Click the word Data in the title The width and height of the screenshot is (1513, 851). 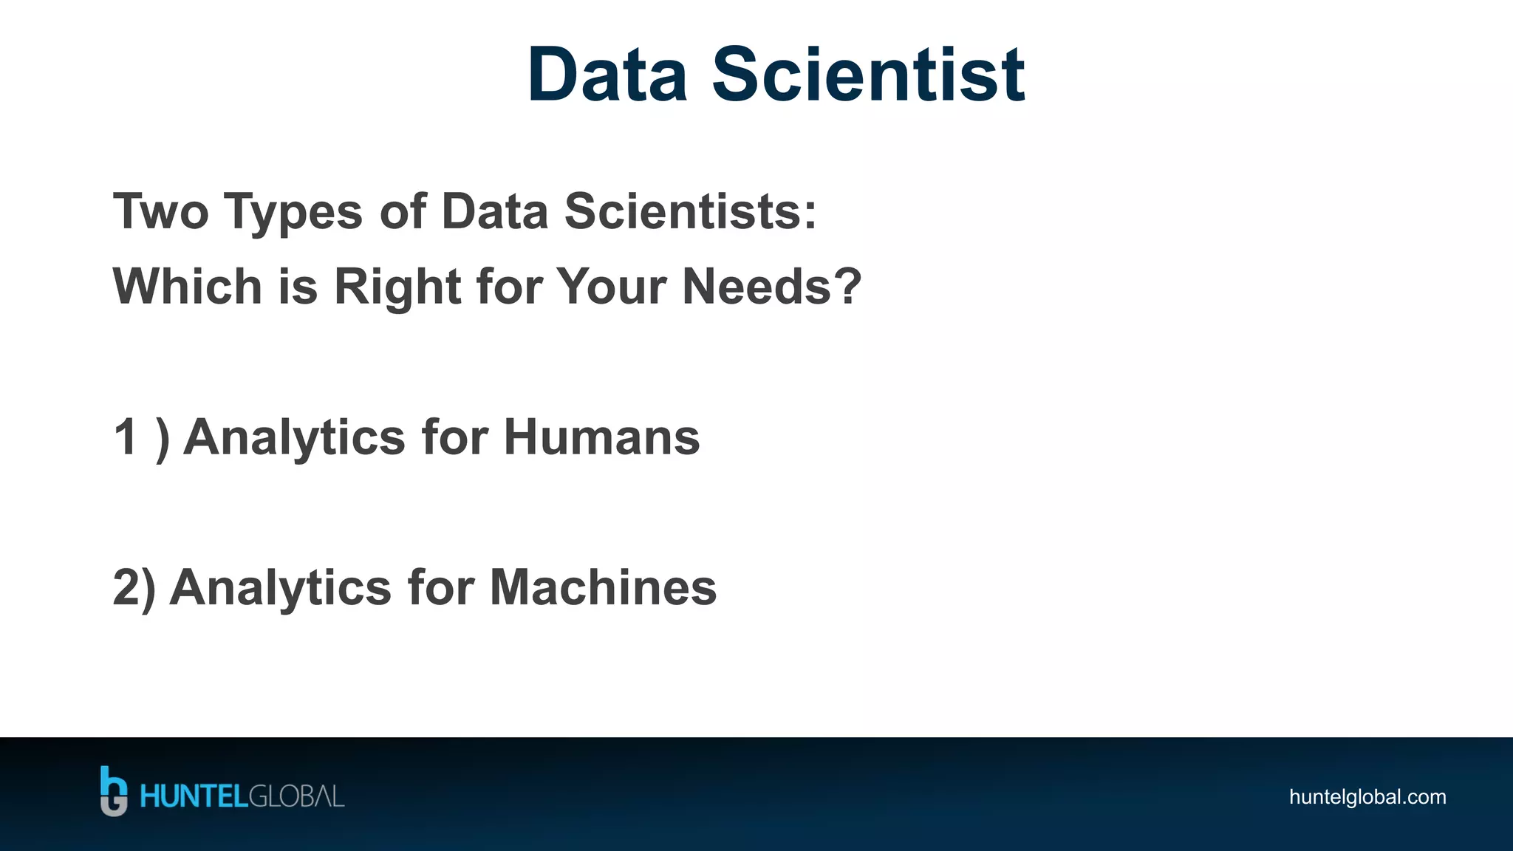(607, 75)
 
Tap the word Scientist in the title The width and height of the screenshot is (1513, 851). (868, 75)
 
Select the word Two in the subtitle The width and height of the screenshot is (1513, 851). (160, 212)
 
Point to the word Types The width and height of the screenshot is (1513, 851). (293, 213)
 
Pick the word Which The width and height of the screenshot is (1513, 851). (187, 287)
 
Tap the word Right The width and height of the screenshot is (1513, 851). (397, 288)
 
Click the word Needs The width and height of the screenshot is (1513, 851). (756, 287)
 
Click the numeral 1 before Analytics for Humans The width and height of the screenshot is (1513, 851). (126, 437)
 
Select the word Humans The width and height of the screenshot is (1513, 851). (601, 437)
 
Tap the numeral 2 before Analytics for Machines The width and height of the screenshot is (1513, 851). (126, 588)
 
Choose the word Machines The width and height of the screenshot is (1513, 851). (603, 588)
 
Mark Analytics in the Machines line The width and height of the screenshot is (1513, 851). (281, 589)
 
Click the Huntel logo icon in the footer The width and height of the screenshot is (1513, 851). (113, 791)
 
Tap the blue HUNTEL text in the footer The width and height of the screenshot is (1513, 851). (194, 797)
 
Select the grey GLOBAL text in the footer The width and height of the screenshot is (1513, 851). (296, 797)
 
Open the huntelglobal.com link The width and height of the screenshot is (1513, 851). (1367, 797)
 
